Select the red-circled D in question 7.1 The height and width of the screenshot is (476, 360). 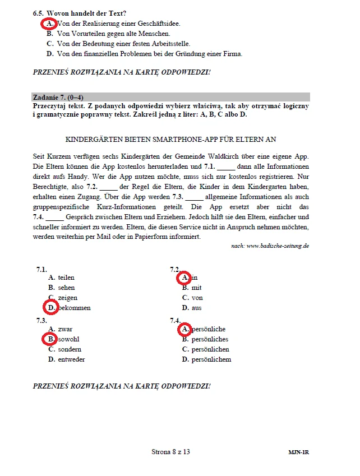tap(51, 307)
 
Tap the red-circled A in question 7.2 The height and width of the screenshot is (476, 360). tap(184, 277)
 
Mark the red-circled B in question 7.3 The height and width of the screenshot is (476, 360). tap(50, 339)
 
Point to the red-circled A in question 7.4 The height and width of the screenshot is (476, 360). tap(184, 329)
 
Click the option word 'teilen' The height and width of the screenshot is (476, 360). tap(66, 278)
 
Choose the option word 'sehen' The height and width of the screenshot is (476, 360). tap(66, 288)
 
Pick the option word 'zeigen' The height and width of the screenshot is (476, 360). tap(68, 298)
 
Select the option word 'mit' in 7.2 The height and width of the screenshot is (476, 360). tap(196, 288)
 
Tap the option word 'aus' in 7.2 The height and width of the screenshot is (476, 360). tap(196, 308)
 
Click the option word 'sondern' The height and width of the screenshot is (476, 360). tap(70, 349)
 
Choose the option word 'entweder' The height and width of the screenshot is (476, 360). tap(71, 359)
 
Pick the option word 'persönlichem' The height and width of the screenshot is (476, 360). tap(211, 359)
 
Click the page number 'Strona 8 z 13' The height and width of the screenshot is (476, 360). tap(174, 451)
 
